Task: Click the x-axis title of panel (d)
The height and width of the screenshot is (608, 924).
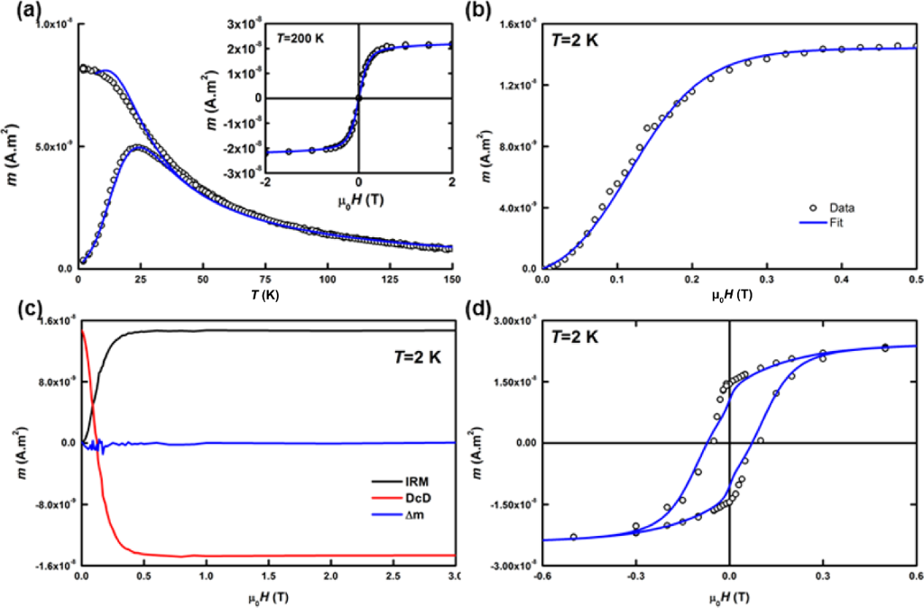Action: coord(729,594)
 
